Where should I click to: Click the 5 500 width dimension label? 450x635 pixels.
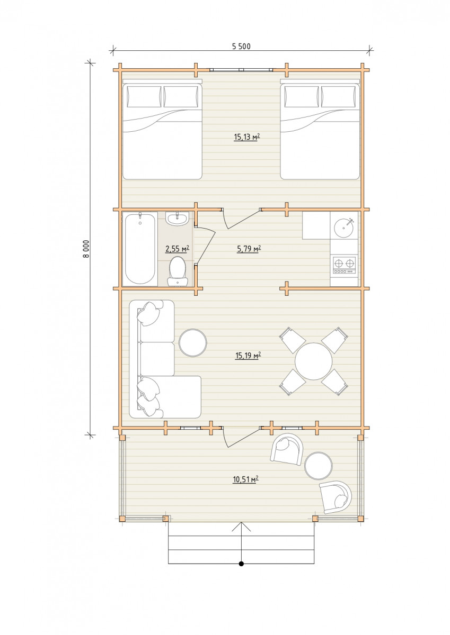coord(241,47)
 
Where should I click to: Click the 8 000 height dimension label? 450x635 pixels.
coord(86,249)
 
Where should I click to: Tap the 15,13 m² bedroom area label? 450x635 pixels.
coord(246,138)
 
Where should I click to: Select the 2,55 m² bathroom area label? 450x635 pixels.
coord(177,249)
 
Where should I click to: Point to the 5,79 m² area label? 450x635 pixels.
coord(249,249)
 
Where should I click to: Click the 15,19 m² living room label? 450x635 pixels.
coord(248,355)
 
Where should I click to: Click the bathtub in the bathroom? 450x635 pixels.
coord(140,248)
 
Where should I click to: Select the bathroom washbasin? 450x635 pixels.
coord(177,219)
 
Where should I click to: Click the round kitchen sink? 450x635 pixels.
coord(344,227)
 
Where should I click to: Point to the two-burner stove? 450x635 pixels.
coord(344,265)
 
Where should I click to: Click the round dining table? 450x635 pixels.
coord(313,361)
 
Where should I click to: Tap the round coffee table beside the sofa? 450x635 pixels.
coord(193,342)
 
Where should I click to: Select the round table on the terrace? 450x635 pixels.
coord(318,466)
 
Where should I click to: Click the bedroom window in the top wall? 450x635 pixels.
coord(241,69)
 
